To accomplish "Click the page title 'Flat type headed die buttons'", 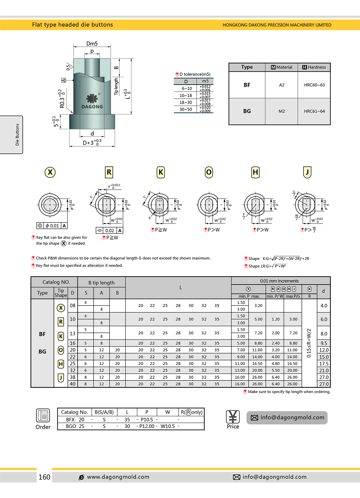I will click(72, 25).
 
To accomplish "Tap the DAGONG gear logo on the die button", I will click(92, 98).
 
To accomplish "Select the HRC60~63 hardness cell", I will click(314, 85).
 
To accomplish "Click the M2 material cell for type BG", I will click(281, 111).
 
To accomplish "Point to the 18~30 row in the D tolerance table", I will click(186, 103).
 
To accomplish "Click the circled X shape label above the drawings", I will click(50, 172).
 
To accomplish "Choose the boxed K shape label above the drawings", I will click(161, 172).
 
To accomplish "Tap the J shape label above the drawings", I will click(307, 172).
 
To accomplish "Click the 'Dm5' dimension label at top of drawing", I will click(92, 44).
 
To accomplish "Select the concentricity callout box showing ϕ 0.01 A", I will click(52, 226).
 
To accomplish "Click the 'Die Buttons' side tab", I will click(17, 135).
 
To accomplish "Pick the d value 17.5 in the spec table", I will click(324, 364).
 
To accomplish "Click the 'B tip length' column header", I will click(101, 282).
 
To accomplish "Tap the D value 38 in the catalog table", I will click(73, 377).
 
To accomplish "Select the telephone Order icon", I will click(43, 416).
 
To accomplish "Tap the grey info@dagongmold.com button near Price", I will click(287, 418).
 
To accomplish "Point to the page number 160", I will click(44, 477).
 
